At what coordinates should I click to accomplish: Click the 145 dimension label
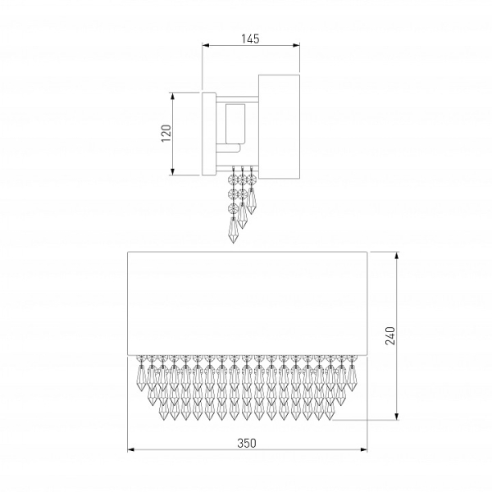point(250,39)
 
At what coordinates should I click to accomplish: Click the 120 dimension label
point(166,133)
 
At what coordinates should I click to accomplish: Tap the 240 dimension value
point(390,335)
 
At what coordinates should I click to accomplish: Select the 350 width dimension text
point(247,443)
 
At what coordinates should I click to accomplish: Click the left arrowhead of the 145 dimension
point(206,45)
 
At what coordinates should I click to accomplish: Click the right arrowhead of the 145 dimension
point(296,45)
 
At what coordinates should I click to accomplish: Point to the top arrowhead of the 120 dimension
point(172,96)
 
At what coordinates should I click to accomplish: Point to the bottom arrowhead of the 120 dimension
point(172,171)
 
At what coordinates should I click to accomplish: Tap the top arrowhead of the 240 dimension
point(397,255)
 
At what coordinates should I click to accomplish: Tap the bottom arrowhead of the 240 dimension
point(397,416)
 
